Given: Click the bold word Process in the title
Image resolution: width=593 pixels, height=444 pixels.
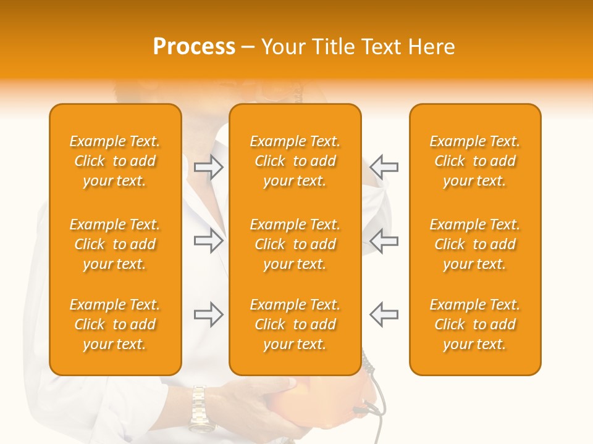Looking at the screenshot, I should tap(194, 47).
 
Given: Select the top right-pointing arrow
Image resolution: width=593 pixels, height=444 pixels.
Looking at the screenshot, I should tap(209, 167).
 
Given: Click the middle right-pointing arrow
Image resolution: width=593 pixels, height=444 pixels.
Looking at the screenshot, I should tap(209, 240).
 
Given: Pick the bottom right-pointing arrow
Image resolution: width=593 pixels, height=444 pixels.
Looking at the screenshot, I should tap(209, 314).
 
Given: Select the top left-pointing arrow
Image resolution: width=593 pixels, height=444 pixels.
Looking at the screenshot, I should tap(384, 167).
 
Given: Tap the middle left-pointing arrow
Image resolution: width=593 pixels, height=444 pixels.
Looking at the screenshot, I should tap(384, 240).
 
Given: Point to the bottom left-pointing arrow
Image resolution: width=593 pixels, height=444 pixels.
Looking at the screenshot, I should tap(384, 314).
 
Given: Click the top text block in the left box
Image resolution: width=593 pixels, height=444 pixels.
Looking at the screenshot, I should tap(115, 161).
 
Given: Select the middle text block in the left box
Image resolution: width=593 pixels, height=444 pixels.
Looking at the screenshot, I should tap(115, 244).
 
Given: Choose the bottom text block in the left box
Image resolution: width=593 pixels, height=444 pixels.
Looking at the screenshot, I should tap(115, 324).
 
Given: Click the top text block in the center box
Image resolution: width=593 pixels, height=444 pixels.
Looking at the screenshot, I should tap(295, 161).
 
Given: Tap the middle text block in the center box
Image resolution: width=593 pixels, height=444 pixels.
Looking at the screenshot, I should tap(295, 244).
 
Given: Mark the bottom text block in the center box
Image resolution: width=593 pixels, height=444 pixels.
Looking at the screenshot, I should tap(295, 324).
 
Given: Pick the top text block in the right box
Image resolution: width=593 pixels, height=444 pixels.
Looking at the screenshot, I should tap(474, 161).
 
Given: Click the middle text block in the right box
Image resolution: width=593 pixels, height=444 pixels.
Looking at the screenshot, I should tap(474, 244).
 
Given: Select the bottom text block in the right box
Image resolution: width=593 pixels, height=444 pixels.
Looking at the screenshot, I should tap(474, 324).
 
